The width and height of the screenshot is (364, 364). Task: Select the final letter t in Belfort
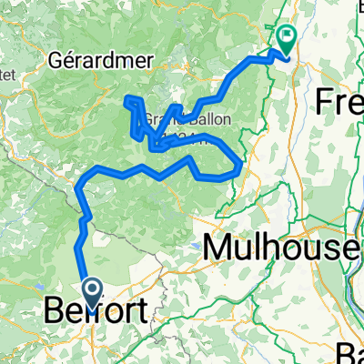point(139,314)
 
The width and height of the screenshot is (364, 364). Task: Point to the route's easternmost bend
point(240,166)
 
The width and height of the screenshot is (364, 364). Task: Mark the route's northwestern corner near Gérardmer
point(126,97)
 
